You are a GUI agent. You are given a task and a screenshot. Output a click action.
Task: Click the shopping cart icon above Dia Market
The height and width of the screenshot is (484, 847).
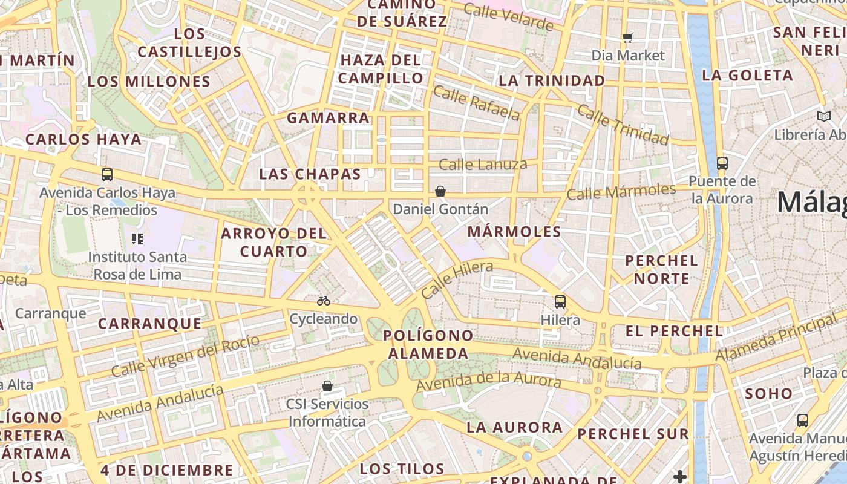[x=628, y=38]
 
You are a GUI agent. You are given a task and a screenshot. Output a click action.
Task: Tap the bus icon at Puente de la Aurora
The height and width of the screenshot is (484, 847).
[x=722, y=163]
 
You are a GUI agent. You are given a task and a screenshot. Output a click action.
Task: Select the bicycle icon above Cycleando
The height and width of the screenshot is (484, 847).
[x=324, y=300]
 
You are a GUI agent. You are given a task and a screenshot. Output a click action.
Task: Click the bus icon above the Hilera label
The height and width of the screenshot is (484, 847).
[x=560, y=301]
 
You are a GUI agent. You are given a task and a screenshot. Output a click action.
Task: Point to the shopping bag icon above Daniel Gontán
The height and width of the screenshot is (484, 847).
[x=440, y=191]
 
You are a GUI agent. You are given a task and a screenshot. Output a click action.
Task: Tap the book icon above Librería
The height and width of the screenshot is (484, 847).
[x=823, y=116]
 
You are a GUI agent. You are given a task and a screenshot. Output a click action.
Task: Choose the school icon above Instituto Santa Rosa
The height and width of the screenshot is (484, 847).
[x=137, y=239]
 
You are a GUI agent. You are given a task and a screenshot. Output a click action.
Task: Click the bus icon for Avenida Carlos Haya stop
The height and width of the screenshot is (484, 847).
[x=107, y=175]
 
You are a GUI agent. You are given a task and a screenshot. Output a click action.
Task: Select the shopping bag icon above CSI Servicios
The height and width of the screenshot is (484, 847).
[x=327, y=385]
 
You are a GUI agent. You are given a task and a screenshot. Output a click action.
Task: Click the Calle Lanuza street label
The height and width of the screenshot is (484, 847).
[x=483, y=164]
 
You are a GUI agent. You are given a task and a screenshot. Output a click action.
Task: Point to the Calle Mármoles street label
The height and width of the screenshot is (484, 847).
[x=621, y=192]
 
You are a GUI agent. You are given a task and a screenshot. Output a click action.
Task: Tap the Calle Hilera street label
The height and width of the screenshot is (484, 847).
[x=457, y=280]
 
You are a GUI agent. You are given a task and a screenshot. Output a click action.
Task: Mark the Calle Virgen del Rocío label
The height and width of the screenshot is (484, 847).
[x=185, y=356]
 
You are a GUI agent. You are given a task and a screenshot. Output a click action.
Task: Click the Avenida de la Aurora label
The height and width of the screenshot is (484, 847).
[x=488, y=381]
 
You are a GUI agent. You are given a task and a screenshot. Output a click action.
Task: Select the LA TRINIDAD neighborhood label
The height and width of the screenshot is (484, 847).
[x=551, y=80]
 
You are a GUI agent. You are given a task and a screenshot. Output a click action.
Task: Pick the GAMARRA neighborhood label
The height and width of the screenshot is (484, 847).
[x=328, y=117]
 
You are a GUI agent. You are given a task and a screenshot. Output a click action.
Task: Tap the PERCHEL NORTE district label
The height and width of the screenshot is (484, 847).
[x=661, y=270]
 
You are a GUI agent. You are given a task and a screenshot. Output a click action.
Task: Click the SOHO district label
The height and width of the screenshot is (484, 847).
[x=768, y=393]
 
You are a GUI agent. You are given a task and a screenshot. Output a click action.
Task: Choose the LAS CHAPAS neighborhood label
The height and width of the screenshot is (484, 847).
[x=310, y=174]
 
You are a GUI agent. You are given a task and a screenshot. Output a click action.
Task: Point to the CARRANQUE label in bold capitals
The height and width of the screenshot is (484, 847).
[x=150, y=324]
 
